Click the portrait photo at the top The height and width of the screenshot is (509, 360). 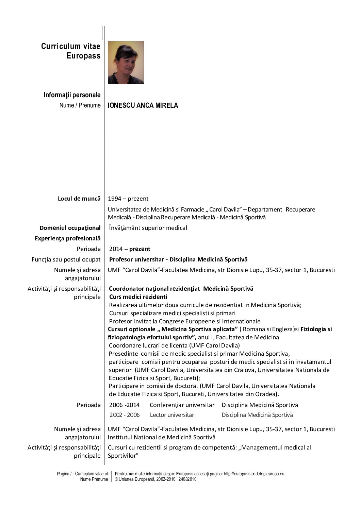(126, 63)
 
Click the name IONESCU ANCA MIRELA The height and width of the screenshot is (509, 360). (143, 105)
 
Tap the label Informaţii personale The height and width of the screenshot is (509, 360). (72, 95)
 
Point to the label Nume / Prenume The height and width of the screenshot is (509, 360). (80, 105)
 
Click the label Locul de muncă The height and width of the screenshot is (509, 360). (79, 199)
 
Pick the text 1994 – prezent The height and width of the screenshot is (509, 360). (128, 199)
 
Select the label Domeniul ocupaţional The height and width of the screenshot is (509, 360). (70, 228)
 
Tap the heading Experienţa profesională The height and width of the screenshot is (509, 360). (68, 238)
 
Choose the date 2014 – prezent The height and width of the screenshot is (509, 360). (130, 249)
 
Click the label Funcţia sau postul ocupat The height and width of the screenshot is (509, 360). (66, 259)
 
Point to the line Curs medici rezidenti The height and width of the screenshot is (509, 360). (138, 297)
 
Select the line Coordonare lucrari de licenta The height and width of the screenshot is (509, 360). (174, 345)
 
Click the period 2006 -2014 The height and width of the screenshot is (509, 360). (125, 405)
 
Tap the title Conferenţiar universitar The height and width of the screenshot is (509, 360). (182, 405)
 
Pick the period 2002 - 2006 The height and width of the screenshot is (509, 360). (125, 415)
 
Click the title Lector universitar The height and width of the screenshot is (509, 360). (172, 415)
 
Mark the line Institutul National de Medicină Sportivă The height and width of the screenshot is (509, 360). (162, 437)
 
